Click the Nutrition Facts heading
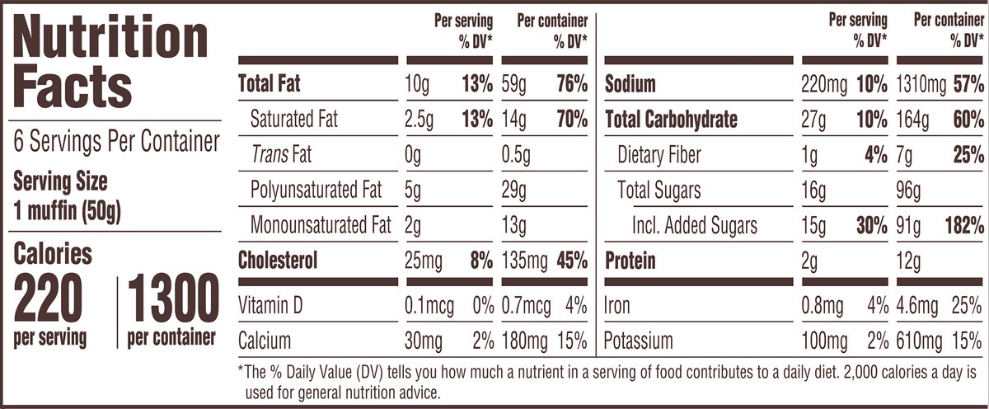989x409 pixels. pos(111,63)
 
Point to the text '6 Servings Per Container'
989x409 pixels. pos(117,142)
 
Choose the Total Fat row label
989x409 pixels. pos(270,84)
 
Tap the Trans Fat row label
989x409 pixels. pos(281,155)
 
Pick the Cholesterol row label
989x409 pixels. pos(277,261)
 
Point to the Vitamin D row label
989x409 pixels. pos(270,307)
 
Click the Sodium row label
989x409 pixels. pos(630,84)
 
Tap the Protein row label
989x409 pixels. pos(630,261)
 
